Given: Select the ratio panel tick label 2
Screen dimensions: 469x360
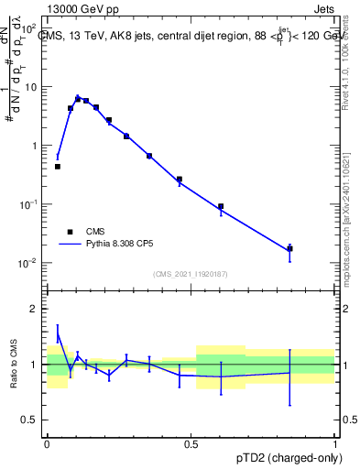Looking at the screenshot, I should tap(37, 310).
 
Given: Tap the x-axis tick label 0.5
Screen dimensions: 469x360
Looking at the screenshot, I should tap(191, 443).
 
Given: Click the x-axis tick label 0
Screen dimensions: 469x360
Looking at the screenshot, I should tap(47, 443).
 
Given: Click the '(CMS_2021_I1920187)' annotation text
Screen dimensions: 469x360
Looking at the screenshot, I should tap(191, 274).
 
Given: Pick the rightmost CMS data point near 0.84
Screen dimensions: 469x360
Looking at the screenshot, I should tap(289, 248).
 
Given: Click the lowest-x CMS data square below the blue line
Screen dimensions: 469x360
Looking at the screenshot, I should tap(58, 167).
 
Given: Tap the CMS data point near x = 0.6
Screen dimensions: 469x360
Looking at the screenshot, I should tap(221, 206).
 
